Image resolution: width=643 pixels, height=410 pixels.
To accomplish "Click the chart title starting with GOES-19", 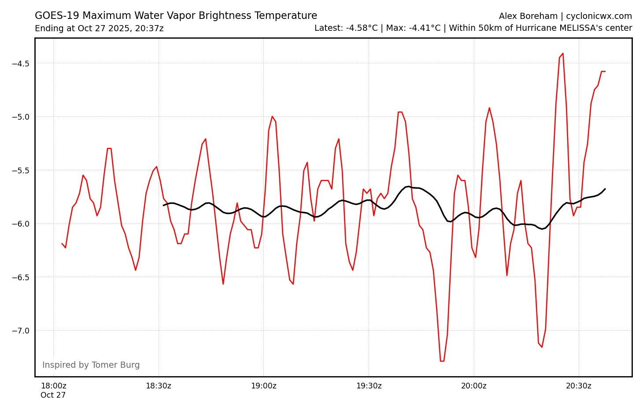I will [176, 16].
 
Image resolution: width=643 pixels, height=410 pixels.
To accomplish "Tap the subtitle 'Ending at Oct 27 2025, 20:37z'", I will [99, 29].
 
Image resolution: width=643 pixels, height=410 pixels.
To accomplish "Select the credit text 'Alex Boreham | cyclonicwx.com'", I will [565, 16].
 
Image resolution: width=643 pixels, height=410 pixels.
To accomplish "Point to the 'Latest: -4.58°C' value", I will [346, 28].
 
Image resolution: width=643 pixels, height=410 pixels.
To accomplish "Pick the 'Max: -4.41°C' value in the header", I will [413, 28].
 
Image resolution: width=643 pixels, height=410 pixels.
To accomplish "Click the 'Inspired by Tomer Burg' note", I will [91, 365].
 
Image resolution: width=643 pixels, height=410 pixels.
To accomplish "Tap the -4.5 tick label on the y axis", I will [20, 63].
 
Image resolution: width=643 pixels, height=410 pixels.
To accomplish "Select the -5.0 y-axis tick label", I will [20, 117].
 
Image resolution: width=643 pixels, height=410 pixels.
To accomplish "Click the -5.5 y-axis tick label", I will [20, 170].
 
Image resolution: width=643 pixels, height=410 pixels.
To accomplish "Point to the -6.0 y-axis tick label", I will [20, 224].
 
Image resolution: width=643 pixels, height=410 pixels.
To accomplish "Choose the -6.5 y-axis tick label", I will [20, 277].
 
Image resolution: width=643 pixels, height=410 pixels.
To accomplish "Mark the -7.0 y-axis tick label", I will [20, 331].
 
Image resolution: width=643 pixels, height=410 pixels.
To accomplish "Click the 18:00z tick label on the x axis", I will [53, 386].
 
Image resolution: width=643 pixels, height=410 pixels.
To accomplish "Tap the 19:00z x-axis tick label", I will [263, 386].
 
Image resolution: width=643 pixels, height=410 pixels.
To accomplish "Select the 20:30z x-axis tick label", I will [578, 386].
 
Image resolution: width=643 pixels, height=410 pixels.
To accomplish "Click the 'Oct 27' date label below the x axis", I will [53, 395].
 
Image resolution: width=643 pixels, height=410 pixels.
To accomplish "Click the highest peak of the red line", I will [562, 53].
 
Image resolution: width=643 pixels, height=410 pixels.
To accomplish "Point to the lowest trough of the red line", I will [442, 361].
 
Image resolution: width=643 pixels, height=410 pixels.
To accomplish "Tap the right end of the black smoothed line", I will [605, 189].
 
